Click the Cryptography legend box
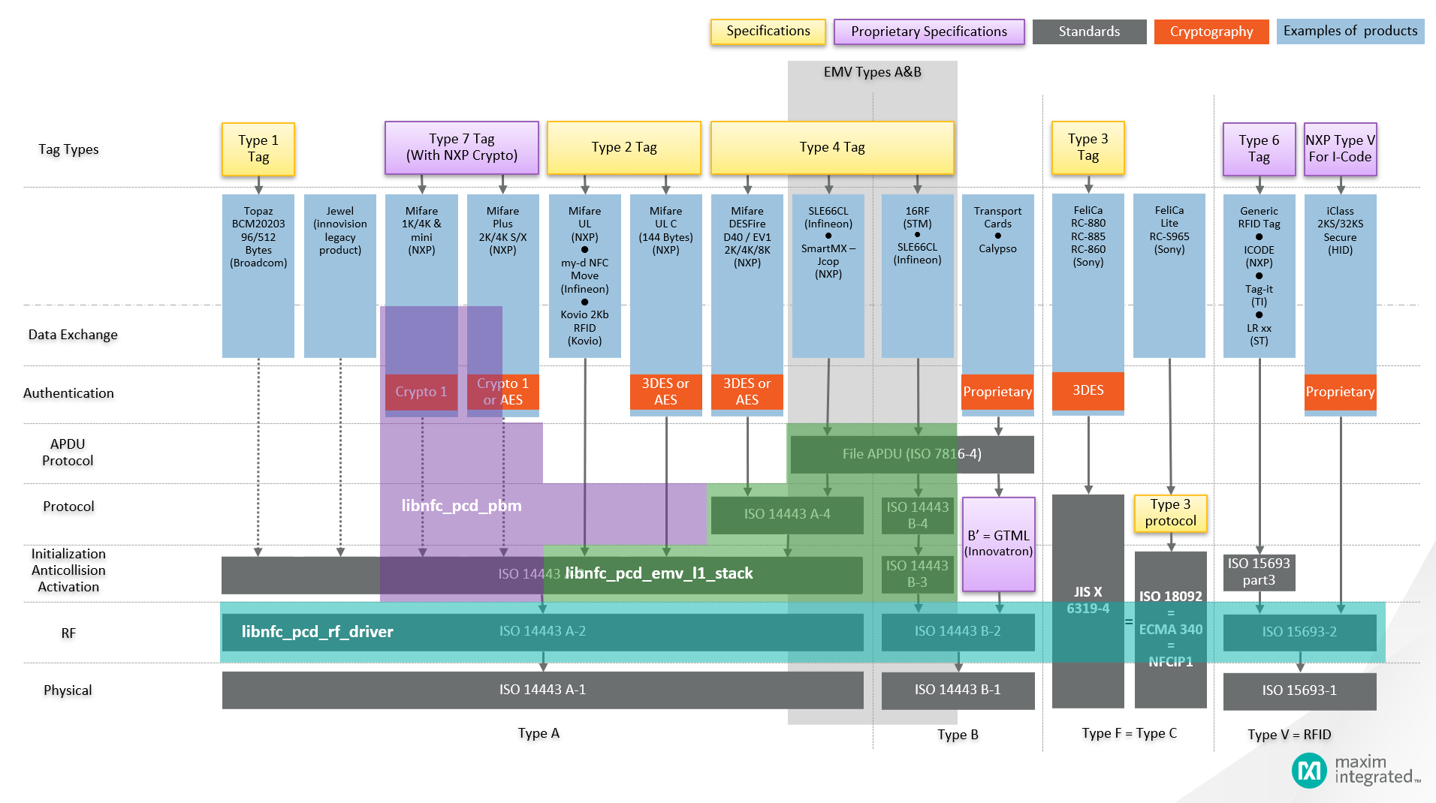coord(1211,32)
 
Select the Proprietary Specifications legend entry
coord(928,32)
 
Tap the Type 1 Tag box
coord(258,149)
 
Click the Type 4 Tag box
coord(831,148)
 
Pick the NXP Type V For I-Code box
coord(1340,149)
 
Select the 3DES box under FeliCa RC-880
coord(1088,390)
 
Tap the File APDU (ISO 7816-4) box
coord(911,454)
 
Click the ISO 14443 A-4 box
coord(786,514)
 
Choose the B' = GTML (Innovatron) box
coord(998,543)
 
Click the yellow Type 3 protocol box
coord(1169,513)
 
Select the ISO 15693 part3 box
coord(1259,572)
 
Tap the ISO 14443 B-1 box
coord(957,690)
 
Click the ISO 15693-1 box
coord(1299,690)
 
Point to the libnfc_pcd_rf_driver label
coord(317,632)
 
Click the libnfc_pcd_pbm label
coord(461,506)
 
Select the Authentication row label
coord(68,393)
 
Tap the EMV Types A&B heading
coord(872,72)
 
